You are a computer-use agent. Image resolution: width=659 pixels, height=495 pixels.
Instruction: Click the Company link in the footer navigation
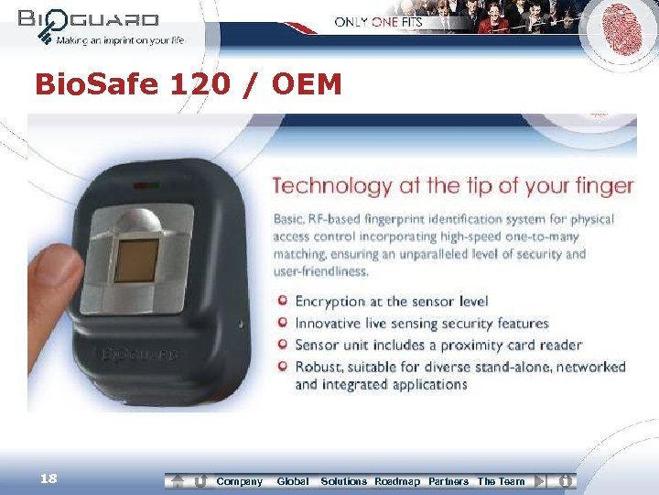click(x=239, y=481)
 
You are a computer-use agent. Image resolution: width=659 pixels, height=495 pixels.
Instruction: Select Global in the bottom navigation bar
click(x=293, y=481)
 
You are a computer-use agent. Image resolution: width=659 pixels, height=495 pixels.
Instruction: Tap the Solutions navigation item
click(x=343, y=481)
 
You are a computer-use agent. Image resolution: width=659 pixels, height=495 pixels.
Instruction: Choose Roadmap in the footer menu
click(x=397, y=481)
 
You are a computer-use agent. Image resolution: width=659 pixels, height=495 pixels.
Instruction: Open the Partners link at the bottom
click(x=448, y=481)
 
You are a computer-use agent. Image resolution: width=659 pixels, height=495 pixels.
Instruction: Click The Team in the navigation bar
click(x=501, y=481)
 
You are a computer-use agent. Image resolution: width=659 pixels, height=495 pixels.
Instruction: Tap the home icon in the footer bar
click(x=178, y=481)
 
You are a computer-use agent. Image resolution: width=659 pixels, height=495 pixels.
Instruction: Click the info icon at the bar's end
click(x=566, y=480)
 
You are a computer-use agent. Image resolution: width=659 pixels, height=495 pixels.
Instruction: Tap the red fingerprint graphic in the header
click(x=621, y=31)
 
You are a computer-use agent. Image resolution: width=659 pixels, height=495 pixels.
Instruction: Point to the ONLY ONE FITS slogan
click(x=378, y=22)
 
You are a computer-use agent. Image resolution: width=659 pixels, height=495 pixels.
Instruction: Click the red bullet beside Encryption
click(x=284, y=301)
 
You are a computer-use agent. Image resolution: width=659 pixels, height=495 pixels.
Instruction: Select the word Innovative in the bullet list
click(x=330, y=323)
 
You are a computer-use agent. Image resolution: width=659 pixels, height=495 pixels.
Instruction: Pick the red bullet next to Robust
click(x=284, y=367)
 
